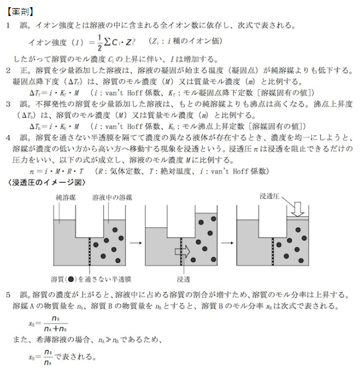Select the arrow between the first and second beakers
133,242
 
